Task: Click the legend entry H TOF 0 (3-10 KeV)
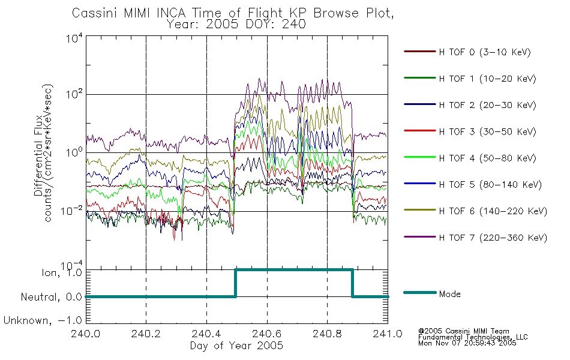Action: (485, 52)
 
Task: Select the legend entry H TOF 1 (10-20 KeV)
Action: (487, 79)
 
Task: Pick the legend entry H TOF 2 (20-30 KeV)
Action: (487, 105)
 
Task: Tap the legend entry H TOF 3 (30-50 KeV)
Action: (487, 131)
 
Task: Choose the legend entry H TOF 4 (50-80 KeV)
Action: (487, 158)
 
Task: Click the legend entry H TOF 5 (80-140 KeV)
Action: (490, 185)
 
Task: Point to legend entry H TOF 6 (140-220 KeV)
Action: (493, 211)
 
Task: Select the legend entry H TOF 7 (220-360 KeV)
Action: (493, 238)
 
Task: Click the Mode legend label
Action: (449, 294)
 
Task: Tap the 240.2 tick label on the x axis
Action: (146, 334)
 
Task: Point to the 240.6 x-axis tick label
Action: (267, 334)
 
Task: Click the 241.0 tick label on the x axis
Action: (388, 334)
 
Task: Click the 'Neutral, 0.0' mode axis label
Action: (51, 297)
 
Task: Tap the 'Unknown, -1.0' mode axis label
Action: (43, 320)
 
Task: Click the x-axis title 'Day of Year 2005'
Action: (236, 346)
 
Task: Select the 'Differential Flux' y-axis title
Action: (38, 155)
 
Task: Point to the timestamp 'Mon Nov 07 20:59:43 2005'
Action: (467, 343)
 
